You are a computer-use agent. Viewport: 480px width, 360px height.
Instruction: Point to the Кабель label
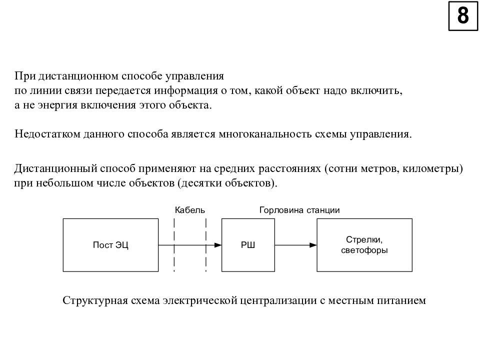190,210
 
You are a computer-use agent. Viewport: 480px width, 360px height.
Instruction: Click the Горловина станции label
299,210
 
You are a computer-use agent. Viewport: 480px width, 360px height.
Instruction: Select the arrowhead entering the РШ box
217,245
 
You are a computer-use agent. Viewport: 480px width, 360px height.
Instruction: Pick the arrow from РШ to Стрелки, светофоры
295,245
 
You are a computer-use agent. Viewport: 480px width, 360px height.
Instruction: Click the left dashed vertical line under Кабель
174,245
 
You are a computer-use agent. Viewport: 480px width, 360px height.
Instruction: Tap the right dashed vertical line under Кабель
205,245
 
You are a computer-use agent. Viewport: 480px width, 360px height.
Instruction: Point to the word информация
186,90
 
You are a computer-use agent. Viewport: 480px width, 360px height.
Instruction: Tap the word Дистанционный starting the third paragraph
55,168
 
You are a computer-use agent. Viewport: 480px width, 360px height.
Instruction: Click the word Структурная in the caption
95,300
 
